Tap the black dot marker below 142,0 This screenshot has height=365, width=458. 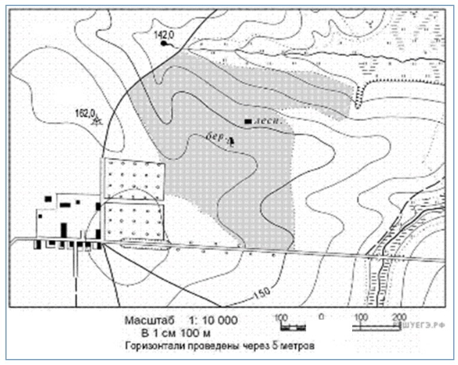163,44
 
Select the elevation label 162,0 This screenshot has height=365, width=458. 86,112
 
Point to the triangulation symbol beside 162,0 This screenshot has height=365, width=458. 97,120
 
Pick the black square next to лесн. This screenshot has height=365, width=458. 248,122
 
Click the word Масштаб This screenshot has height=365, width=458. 147,321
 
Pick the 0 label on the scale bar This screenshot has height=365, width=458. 321,317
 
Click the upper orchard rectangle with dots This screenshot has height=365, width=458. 134,178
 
